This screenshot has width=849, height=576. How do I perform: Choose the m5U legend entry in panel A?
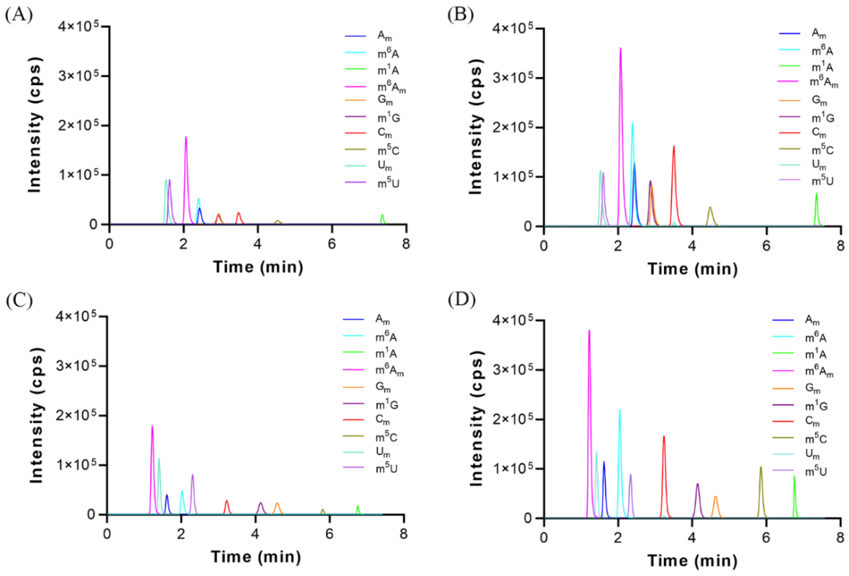pos(388,183)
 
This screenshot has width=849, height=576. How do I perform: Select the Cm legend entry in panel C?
pos(383,420)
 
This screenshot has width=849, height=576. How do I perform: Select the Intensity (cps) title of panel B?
pos(476,126)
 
